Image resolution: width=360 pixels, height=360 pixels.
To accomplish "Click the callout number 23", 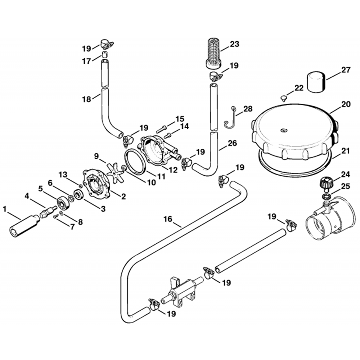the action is [234, 44].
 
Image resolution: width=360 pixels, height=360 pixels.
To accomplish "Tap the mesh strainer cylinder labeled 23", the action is [214, 53].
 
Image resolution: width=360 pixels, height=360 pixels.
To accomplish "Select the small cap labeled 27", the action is [316, 82].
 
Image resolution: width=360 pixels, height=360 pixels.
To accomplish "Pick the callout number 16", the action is [168, 219].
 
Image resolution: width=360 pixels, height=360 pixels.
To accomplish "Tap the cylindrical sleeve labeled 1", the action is [24, 226].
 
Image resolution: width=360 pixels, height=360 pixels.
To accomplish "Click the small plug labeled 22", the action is [284, 99].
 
